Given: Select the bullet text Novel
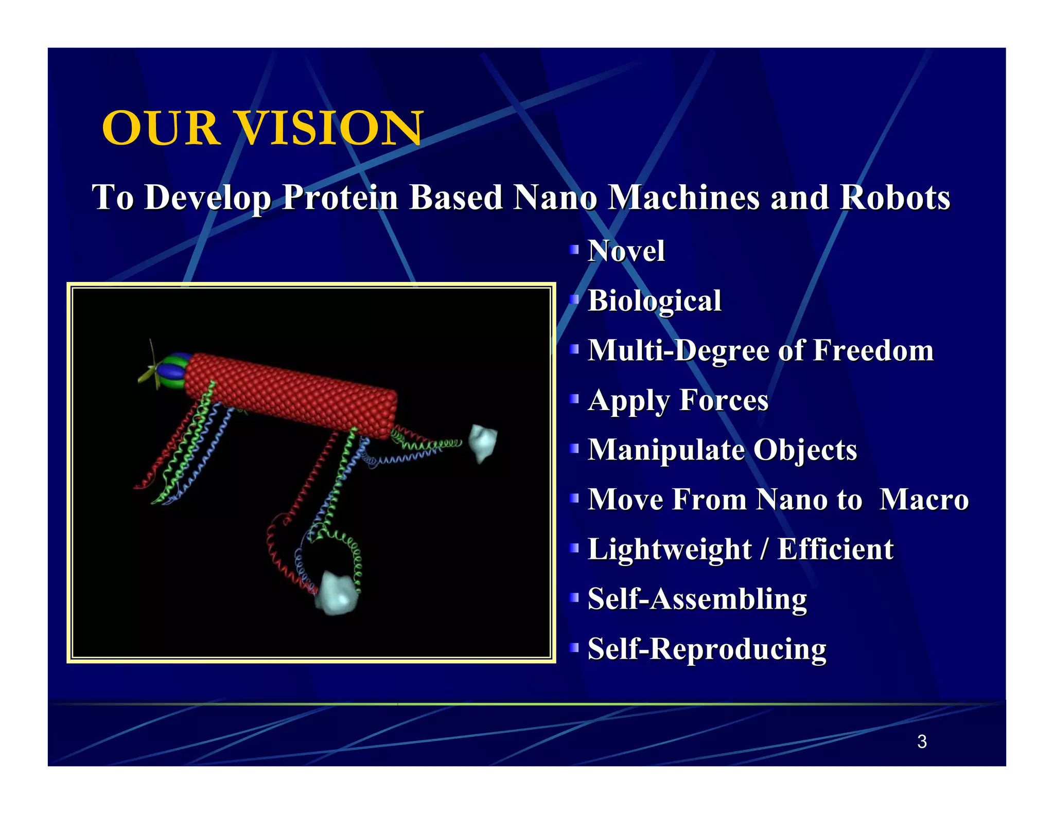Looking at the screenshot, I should tap(626, 251).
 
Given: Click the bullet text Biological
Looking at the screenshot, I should tap(654, 300).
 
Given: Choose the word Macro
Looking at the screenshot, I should tap(924, 499).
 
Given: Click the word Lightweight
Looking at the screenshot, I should tap(669, 549).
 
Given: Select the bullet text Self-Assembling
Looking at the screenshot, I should tap(697, 599).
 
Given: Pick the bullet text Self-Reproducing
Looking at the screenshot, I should tap(707, 648).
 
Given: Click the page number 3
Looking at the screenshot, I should tap(922, 741).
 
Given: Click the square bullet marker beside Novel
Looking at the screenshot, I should tap(574, 250).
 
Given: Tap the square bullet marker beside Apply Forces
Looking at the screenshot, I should tap(574, 399).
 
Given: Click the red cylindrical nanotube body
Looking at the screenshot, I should tap(291, 394).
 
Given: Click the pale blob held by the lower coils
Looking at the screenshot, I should tap(337, 594).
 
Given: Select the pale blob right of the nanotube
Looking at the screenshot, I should tap(483, 443).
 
